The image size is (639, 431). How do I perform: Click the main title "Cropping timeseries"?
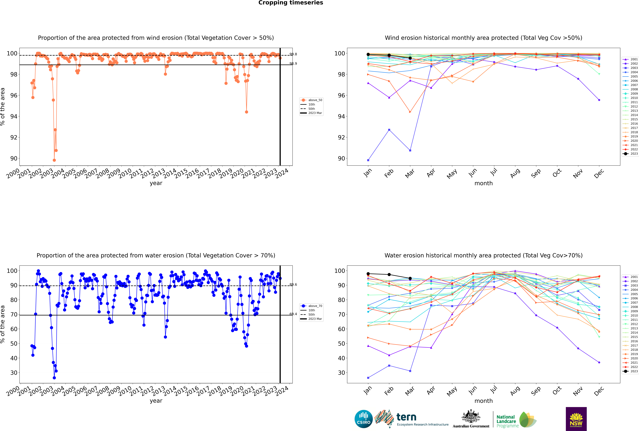(x=291, y=3)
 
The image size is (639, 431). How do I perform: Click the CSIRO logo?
(x=363, y=419)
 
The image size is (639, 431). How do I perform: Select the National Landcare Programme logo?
(x=516, y=420)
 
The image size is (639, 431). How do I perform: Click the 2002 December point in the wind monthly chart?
(x=599, y=100)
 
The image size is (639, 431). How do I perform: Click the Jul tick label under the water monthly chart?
(x=494, y=390)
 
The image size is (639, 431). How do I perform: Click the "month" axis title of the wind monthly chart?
(x=483, y=183)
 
